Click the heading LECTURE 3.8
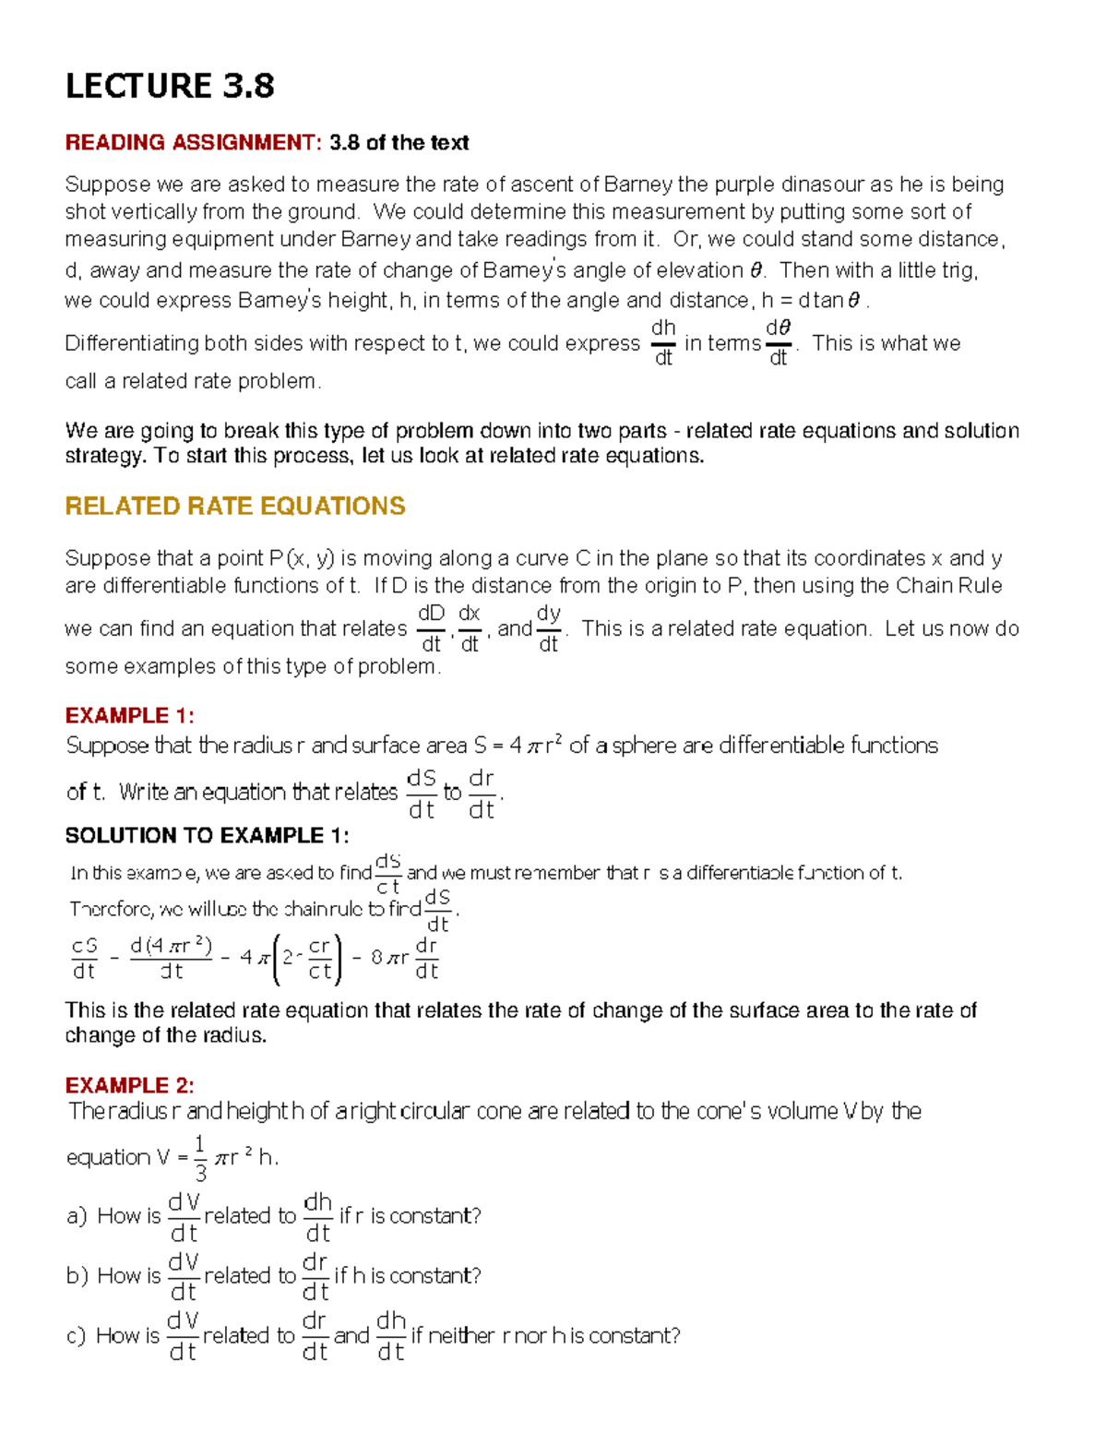tap(170, 86)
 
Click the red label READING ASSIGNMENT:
tap(193, 142)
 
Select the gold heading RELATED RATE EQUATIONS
tap(235, 506)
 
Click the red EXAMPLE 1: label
tap(129, 715)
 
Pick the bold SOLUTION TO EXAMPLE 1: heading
tap(207, 835)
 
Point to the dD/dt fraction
tap(431, 628)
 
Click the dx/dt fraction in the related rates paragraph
tap(470, 628)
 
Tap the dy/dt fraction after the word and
tap(549, 628)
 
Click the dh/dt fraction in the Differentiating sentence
tap(663, 342)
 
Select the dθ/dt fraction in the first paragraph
tap(779, 342)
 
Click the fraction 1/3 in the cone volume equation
tap(200, 1158)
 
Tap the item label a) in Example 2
tap(77, 1216)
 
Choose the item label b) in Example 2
tap(77, 1276)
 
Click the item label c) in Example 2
tap(77, 1336)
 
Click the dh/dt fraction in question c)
tap(391, 1336)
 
